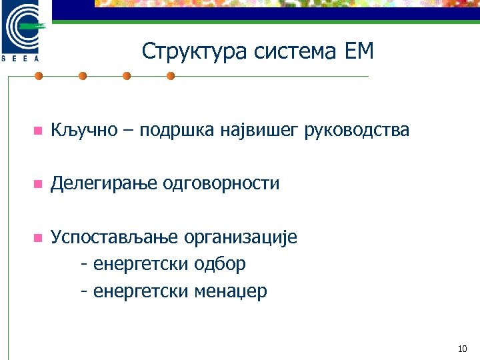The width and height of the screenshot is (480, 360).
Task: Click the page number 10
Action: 463,349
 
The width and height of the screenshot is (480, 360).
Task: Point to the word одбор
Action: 219,264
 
